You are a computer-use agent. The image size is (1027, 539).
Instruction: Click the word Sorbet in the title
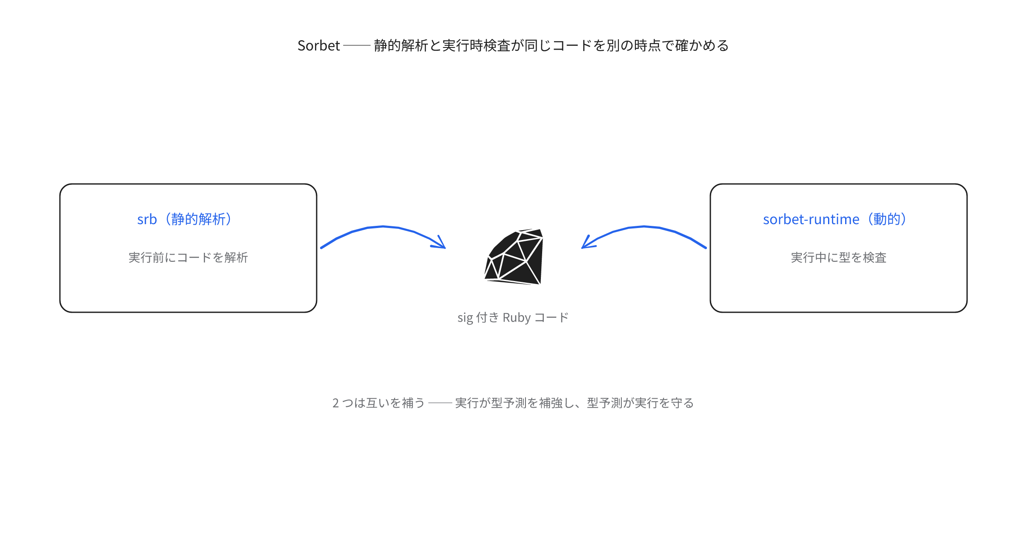(x=319, y=45)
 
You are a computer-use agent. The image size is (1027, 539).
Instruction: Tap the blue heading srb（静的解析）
(x=184, y=219)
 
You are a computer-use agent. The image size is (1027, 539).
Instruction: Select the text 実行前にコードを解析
(x=188, y=258)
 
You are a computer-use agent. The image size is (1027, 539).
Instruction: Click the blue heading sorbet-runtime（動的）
(x=835, y=219)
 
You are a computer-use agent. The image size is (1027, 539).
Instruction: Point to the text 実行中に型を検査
(x=839, y=258)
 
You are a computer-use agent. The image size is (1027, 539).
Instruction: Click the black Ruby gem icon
(x=513, y=257)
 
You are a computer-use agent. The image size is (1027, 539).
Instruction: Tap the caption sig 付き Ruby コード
(x=513, y=317)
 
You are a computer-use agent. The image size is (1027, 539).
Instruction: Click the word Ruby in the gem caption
(x=516, y=317)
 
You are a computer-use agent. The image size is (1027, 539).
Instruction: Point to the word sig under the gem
(x=465, y=318)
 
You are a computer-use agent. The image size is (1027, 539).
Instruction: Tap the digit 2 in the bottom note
(x=335, y=403)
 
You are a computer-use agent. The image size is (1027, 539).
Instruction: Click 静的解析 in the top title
(x=401, y=45)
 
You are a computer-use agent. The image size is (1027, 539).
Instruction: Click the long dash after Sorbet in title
(x=357, y=45)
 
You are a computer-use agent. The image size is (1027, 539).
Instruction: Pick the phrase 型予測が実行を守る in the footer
(x=640, y=403)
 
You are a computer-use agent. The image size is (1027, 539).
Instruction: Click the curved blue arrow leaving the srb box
(x=383, y=226)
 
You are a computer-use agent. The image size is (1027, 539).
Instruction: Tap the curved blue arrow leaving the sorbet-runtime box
(x=644, y=226)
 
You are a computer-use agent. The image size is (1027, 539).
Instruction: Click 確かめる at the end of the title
(x=702, y=45)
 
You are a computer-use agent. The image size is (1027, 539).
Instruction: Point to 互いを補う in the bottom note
(x=396, y=403)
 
